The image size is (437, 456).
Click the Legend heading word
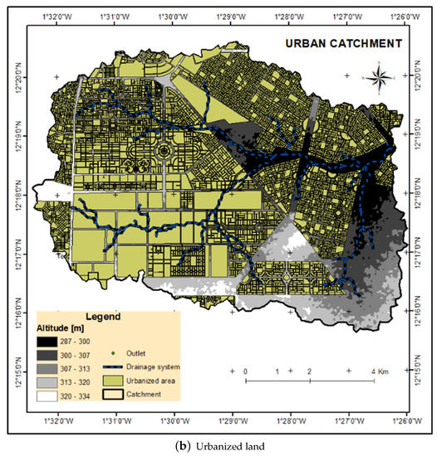pos(101,317)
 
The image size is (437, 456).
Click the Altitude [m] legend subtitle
pos(63,328)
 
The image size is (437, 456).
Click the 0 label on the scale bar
pos(246,371)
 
